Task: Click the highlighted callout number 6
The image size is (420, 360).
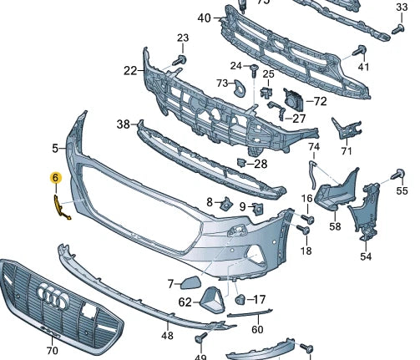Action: pos(55,178)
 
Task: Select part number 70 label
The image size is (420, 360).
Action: pos(52,351)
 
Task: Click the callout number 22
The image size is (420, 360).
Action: pos(129,71)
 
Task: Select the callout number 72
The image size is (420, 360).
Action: pos(319,100)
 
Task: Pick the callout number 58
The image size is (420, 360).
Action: pos(335,226)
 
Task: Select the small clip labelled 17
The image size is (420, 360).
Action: pos(240,299)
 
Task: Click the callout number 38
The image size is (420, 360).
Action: pos(124,124)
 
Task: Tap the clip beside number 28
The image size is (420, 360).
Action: pos(240,161)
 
